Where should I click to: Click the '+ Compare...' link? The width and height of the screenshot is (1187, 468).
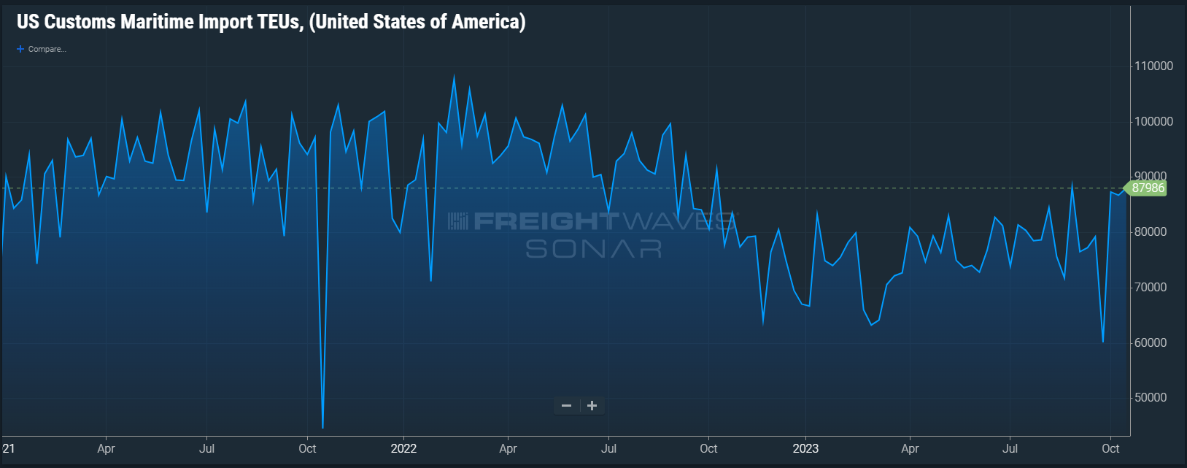[42, 49]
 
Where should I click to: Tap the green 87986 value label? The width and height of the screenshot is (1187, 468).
[1148, 188]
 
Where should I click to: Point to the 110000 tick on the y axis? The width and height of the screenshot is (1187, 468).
[1153, 66]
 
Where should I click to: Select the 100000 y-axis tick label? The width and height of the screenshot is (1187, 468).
[1153, 122]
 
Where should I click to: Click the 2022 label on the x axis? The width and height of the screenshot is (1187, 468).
[403, 448]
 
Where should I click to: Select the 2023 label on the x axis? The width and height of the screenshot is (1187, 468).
[805, 448]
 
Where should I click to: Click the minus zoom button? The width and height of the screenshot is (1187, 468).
[566, 406]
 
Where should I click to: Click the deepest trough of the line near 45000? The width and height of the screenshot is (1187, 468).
[322, 427]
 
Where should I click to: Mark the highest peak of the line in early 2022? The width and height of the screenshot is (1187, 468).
[454, 75]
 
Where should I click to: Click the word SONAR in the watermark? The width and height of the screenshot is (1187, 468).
[593, 249]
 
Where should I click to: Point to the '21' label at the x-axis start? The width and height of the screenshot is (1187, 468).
[9, 448]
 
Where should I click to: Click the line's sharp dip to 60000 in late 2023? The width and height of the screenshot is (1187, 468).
[1102, 341]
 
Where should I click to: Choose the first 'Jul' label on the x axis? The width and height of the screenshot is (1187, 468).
[207, 448]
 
